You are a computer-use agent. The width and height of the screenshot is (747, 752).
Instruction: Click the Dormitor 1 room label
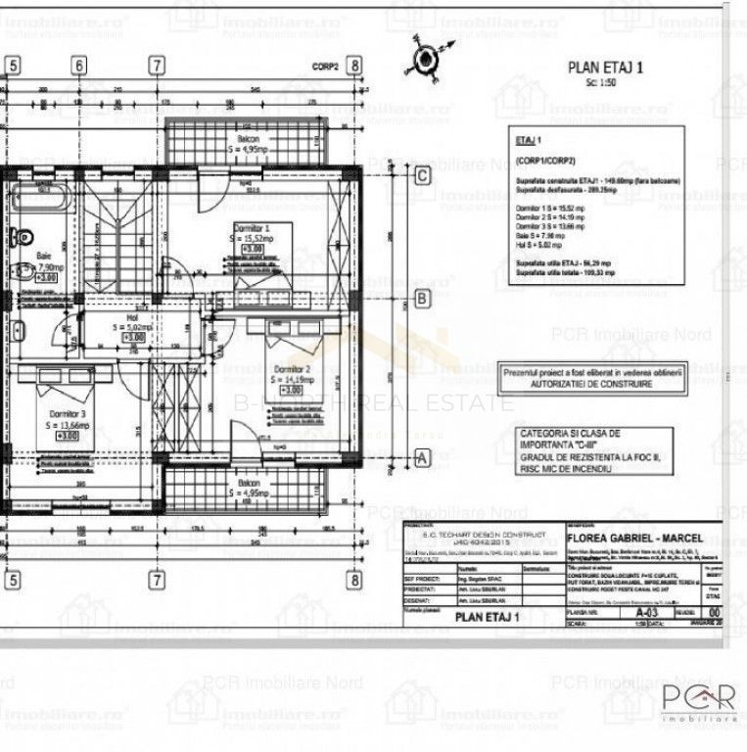(251, 227)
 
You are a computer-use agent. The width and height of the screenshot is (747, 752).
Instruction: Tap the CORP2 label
(327, 66)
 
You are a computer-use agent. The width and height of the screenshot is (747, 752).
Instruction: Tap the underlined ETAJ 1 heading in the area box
(529, 141)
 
